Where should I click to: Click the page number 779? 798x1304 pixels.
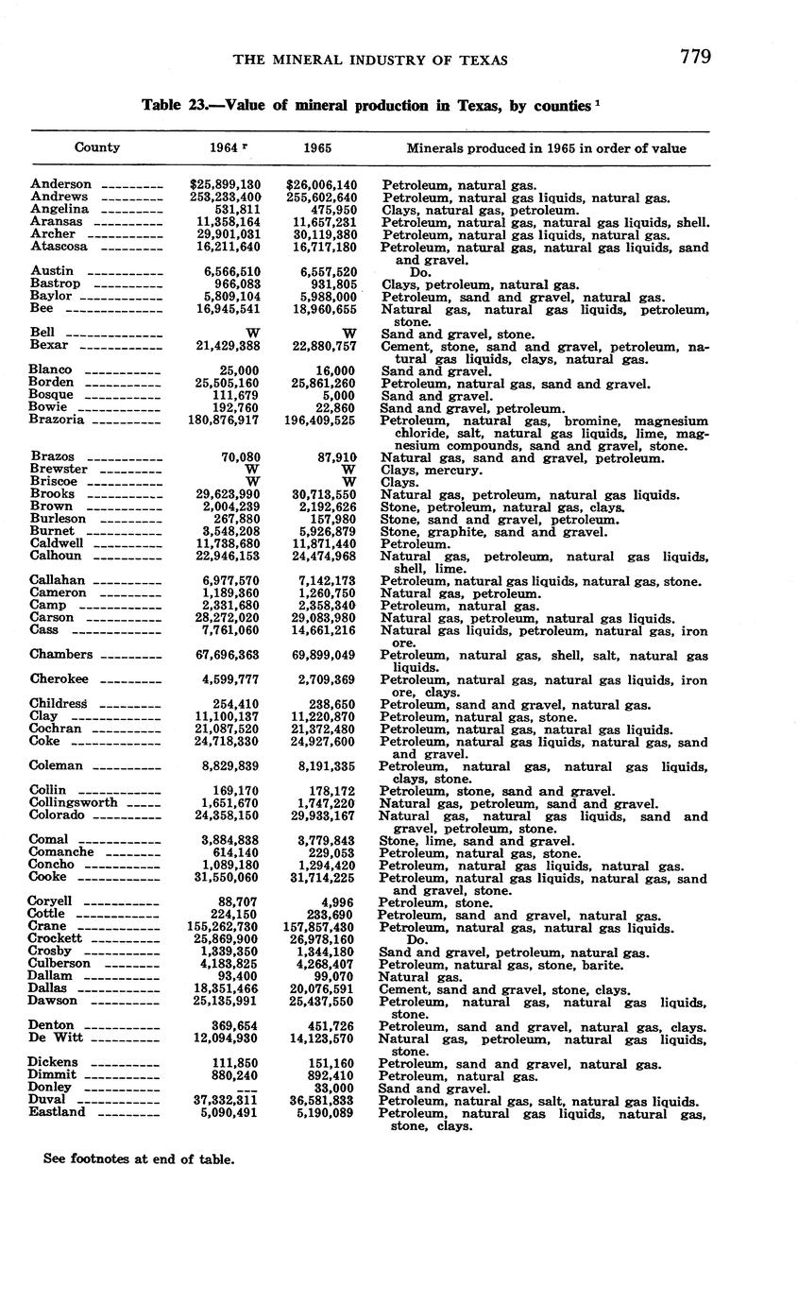pyautogui.click(x=694, y=58)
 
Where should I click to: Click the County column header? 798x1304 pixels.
pyautogui.click(x=97, y=147)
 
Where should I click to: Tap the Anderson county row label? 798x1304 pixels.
pyautogui.click(x=61, y=184)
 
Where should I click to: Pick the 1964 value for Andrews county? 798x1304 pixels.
pyautogui.click(x=225, y=197)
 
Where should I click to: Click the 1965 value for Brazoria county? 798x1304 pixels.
pyautogui.click(x=320, y=420)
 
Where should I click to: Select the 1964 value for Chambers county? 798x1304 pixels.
pyautogui.click(x=225, y=654)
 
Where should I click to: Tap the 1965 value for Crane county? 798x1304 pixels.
pyautogui.click(x=320, y=927)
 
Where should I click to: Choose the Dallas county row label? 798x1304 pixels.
pyautogui.click(x=51, y=987)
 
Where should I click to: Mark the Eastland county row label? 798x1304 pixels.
pyautogui.click(x=58, y=1112)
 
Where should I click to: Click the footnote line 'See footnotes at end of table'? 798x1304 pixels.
pyautogui.click(x=139, y=1158)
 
